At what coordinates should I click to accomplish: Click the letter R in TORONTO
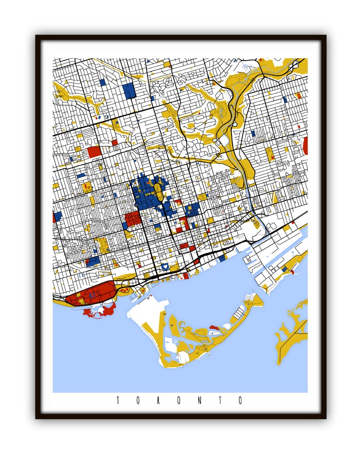pos(159,401)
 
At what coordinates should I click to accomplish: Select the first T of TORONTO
pos(118,401)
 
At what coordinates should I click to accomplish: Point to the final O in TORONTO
pos(241,401)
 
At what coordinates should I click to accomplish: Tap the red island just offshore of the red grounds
pos(100,311)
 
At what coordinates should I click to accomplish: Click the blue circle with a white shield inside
pos(165,266)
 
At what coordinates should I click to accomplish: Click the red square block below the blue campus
pos(132,219)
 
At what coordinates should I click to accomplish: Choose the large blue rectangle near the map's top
pos(129,91)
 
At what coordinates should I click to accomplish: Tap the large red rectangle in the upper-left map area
pos(94,152)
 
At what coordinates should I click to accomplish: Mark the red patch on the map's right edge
pos(305,146)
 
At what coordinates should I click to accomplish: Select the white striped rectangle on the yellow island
pos(239,314)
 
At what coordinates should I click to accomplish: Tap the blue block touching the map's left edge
pos(57,217)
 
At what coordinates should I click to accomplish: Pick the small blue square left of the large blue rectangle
pos(102,82)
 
